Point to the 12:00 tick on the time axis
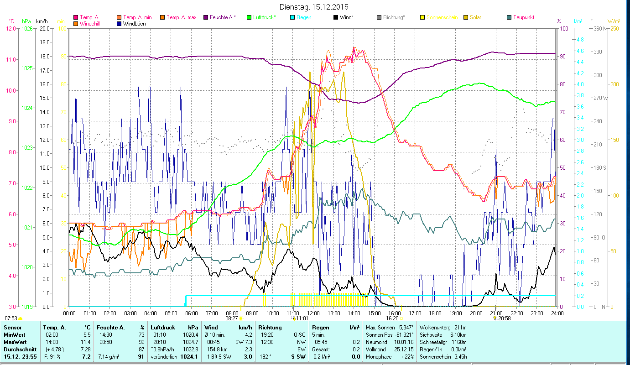(313, 313)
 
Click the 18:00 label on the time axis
(435, 313)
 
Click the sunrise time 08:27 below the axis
(232, 318)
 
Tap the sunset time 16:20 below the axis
(392, 318)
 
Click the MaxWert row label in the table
(15, 342)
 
